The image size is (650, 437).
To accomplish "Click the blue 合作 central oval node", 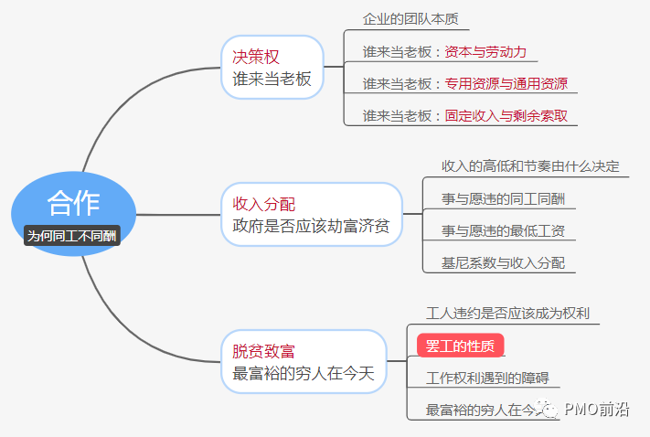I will [73, 203].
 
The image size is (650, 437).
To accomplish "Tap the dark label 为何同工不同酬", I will [73, 235].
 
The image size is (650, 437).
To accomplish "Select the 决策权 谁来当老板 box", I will [272, 68].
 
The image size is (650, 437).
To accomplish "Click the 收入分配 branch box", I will [311, 215].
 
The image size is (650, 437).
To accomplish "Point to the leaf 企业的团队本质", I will [408, 18].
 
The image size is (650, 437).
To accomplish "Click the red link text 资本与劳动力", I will [485, 51].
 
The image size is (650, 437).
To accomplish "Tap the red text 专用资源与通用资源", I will [506, 84].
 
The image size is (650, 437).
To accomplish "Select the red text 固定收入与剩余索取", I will [506, 116].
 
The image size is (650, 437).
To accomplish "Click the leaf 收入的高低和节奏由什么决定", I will [530, 166].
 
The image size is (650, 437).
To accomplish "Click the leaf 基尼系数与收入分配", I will [503, 262].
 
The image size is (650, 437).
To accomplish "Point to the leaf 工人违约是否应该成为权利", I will [507, 313].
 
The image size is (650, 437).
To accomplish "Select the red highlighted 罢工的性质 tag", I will [460, 346].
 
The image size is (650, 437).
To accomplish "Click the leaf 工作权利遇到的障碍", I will [487, 377].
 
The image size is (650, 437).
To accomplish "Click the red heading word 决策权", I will [256, 57].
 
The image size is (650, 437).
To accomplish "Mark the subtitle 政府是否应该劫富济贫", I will [311, 226].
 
